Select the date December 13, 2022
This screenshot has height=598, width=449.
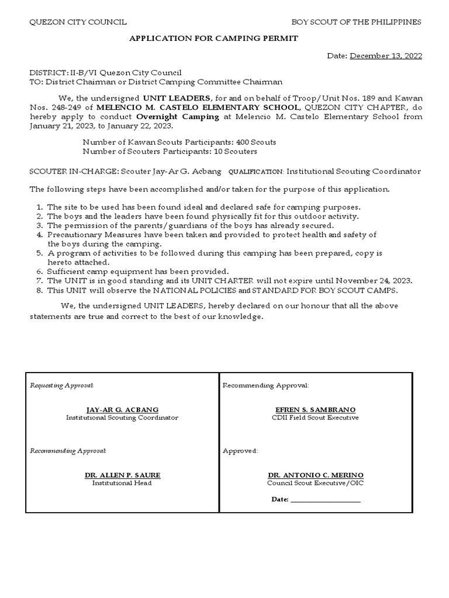[385, 56]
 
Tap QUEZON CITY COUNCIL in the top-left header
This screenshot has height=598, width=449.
[78, 22]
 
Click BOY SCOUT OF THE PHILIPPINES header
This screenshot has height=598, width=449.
[357, 22]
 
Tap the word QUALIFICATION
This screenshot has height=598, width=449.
[255, 172]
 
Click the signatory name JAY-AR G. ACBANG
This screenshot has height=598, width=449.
[122, 410]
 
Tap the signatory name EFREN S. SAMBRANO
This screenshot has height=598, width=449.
[315, 410]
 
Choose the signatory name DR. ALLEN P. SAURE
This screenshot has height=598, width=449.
[122, 475]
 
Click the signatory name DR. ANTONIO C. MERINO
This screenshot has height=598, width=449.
[315, 475]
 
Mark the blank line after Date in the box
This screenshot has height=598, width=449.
[325, 500]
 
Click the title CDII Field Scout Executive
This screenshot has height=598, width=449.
[315, 418]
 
